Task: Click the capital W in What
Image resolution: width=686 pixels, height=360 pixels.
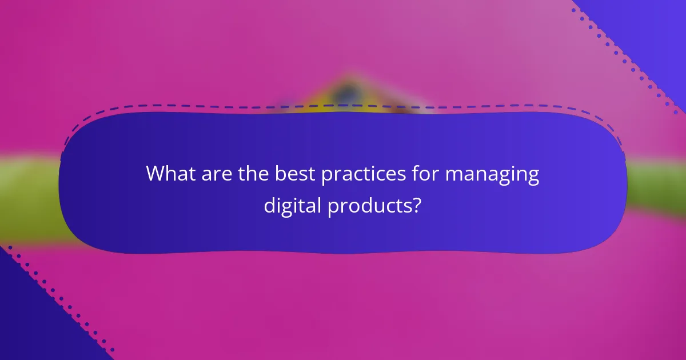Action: tap(156, 174)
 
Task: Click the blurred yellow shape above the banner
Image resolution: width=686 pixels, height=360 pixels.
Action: tap(349, 94)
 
